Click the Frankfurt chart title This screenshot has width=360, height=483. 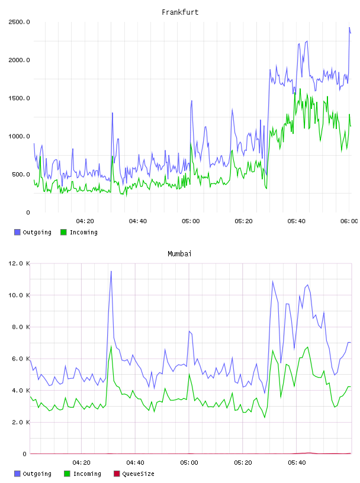click(x=180, y=12)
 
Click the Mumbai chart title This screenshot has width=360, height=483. click(x=179, y=253)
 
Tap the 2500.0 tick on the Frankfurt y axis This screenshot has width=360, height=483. click(x=19, y=22)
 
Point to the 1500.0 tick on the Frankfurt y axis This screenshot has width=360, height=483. click(x=19, y=98)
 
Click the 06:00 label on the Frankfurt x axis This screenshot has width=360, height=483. click(x=349, y=221)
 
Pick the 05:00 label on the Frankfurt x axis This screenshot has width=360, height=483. click(x=191, y=221)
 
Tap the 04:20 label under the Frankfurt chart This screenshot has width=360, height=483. click(x=85, y=221)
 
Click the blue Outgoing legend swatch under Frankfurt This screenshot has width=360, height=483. click(x=17, y=232)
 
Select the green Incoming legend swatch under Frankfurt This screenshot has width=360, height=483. click(x=63, y=232)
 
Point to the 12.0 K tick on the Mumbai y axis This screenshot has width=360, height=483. click(x=19, y=263)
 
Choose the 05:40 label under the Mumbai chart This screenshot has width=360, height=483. click(x=297, y=462)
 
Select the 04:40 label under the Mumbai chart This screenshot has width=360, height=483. click(x=136, y=462)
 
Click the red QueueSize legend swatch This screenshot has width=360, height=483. click(x=117, y=474)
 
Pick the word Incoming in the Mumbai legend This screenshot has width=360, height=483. click(x=87, y=474)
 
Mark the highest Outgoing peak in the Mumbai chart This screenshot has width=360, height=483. click(x=111, y=271)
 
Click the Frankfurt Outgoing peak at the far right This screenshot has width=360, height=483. click(x=349, y=27)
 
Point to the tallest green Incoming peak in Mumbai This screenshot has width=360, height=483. click(x=111, y=346)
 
